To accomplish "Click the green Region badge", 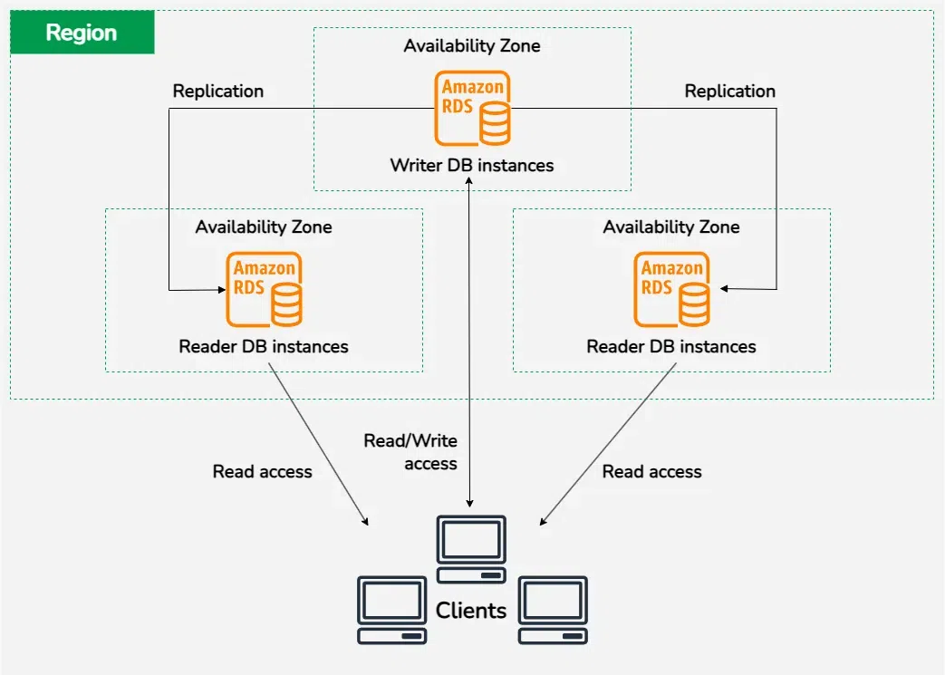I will (x=82, y=34).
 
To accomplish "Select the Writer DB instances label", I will (x=471, y=166).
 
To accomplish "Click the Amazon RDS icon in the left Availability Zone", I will (x=264, y=290).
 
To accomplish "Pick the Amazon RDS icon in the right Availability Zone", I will (x=671, y=290).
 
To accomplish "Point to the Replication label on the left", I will (x=218, y=92).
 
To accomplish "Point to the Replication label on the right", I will (x=729, y=92).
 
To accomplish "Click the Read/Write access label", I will (x=411, y=452).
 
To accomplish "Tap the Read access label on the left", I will (x=262, y=472).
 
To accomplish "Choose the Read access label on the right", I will (x=651, y=472).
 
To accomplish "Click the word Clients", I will (x=471, y=611).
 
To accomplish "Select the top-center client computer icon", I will (x=470, y=549).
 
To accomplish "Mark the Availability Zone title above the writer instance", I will (x=471, y=46).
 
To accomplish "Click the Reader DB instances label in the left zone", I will (x=264, y=347).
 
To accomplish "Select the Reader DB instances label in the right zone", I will (x=671, y=347).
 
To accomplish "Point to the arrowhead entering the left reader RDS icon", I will (x=221, y=290).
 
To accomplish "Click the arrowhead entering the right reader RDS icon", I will (x=725, y=289).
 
